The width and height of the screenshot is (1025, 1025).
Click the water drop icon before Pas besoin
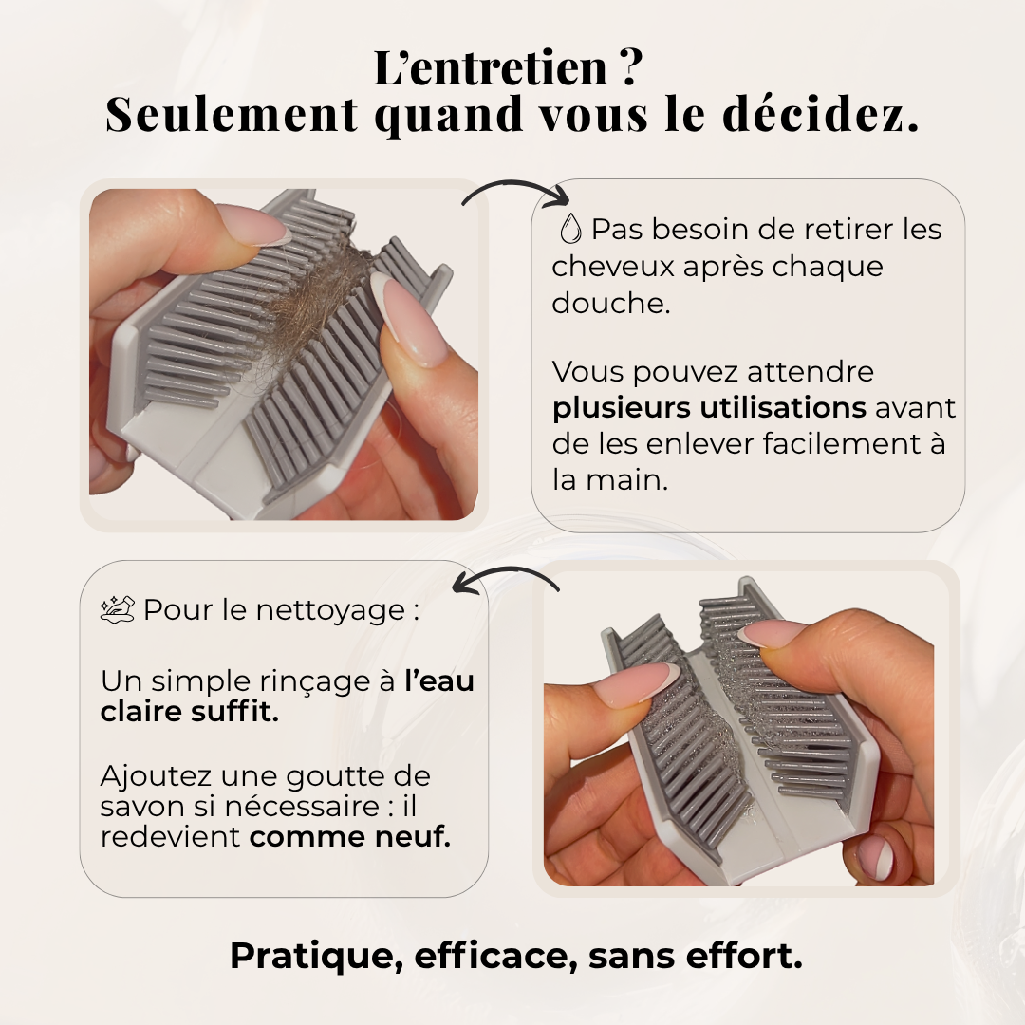pyautogui.click(x=570, y=229)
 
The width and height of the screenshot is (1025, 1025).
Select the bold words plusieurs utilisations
pyautogui.click(x=709, y=408)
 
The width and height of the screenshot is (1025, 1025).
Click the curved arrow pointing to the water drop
pyautogui.click(x=515, y=193)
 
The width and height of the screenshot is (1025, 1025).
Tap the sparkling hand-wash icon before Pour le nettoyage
pyautogui.click(x=119, y=609)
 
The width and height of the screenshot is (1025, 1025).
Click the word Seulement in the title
pyautogui.click(x=232, y=114)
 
